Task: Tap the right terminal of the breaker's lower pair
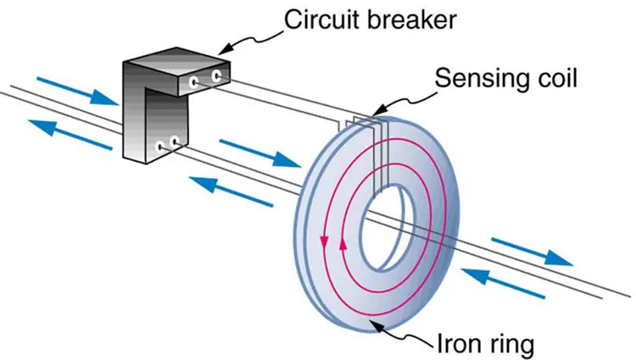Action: tap(175, 141)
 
